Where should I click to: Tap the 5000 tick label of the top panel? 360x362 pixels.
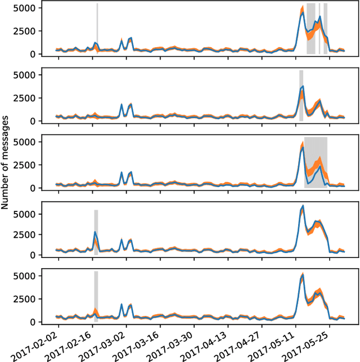pos(27,8)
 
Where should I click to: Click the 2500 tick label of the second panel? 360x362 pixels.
pos(27,98)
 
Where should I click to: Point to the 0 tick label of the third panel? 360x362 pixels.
pos(34,188)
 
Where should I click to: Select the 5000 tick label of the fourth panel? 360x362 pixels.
pos(27,214)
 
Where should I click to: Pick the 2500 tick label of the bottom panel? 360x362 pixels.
pos(27,299)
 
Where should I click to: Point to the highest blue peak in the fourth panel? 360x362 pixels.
pos(303,206)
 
